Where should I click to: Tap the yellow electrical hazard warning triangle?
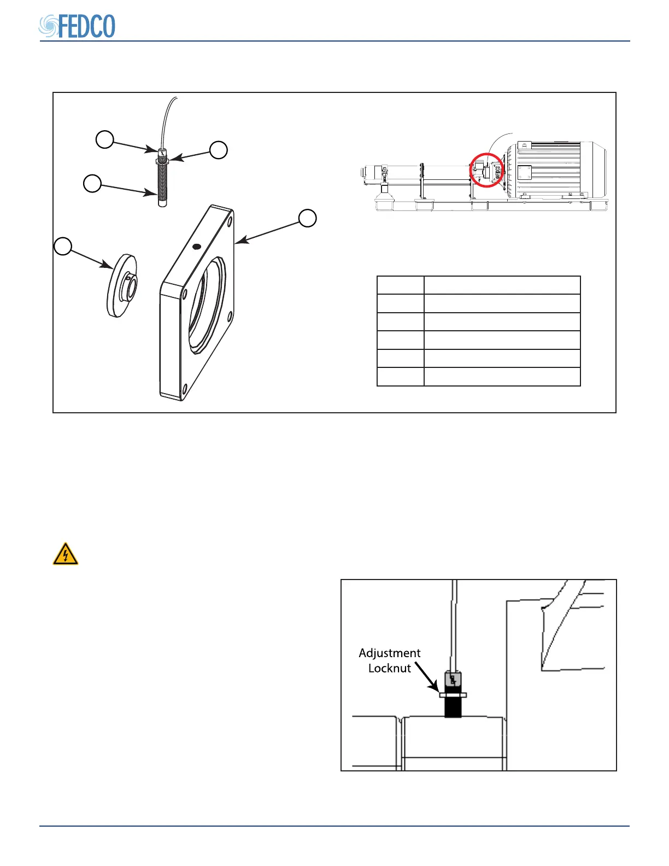[66, 554]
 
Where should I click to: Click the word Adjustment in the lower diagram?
[390, 653]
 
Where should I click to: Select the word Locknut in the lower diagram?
[390, 668]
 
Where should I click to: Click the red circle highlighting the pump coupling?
[486, 170]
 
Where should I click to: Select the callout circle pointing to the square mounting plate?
[308, 218]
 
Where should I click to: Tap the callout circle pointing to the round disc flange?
[63, 246]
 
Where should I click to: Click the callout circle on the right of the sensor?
[219, 150]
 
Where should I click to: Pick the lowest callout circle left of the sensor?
[92, 183]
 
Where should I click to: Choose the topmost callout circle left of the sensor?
[105, 139]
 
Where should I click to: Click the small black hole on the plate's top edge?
[197, 247]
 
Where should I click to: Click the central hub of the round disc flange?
[130, 286]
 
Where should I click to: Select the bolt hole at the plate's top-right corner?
[229, 223]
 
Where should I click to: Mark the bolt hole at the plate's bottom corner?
[185, 389]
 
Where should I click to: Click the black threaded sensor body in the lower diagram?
[453, 707]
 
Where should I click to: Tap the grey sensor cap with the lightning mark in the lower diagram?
[453, 680]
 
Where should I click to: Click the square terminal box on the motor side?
[523, 173]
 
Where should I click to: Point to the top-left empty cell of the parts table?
[400, 285]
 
